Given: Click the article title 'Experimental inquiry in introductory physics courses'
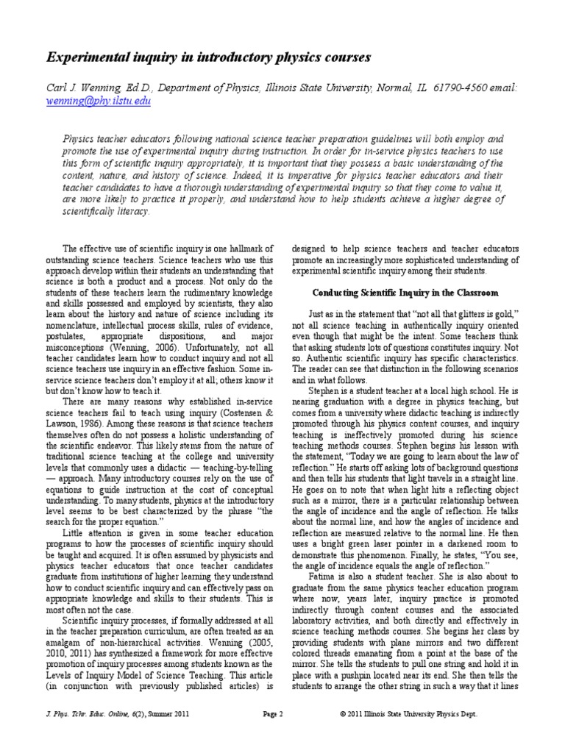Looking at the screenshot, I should tap(199, 57).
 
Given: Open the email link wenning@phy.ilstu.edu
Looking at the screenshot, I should tap(99, 101).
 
